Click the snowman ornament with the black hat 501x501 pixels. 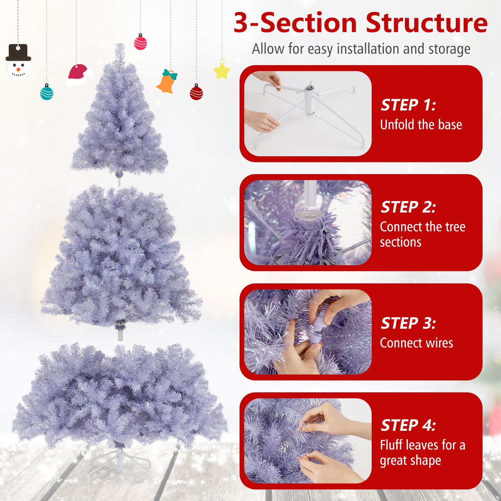[18, 62]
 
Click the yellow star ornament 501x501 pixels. [222, 70]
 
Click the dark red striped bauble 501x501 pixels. [196, 92]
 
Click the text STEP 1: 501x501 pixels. [408, 105]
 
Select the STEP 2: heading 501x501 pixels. [408, 207]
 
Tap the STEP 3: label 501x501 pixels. [408, 323]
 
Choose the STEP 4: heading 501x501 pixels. [408, 425]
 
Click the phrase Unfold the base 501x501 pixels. [421, 125]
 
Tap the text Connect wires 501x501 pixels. [416, 343]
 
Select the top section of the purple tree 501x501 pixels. [120, 119]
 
